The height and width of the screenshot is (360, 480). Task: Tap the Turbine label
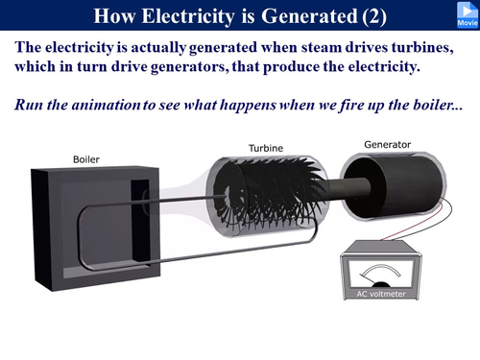point(265,149)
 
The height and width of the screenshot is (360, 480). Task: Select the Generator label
point(387,145)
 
